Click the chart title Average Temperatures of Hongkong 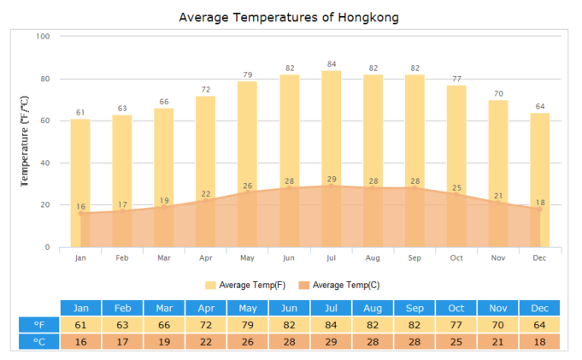pyautogui.click(x=288, y=17)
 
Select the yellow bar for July pyautogui.click(x=331, y=128)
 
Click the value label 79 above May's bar pyautogui.click(x=247, y=74)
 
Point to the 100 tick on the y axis pyautogui.click(x=44, y=37)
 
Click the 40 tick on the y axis pyautogui.click(x=46, y=163)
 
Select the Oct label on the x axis pyautogui.click(x=456, y=257)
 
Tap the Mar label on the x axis pyautogui.click(x=163, y=257)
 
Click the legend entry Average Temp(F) pyautogui.click(x=245, y=285)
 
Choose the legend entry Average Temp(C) pyautogui.click(x=339, y=285)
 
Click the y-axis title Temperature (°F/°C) pyautogui.click(x=25, y=142)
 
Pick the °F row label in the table pyautogui.click(x=39, y=325)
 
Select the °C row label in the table pyautogui.click(x=39, y=342)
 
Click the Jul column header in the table pyautogui.click(x=331, y=308)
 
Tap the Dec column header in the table pyautogui.click(x=539, y=308)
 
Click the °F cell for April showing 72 pyautogui.click(x=206, y=325)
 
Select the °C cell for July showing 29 pyautogui.click(x=331, y=342)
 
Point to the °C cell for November pyautogui.click(x=498, y=342)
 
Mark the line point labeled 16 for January pyautogui.click(x=80, y=213)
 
